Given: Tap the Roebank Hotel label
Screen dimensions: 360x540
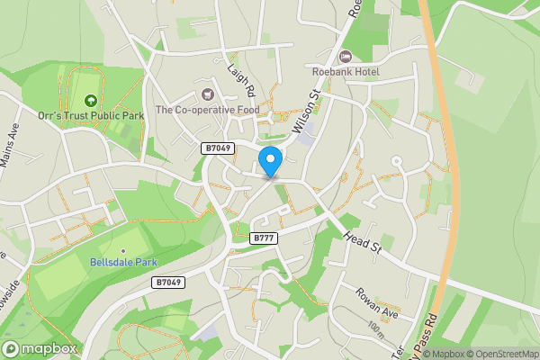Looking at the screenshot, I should click(346, 71).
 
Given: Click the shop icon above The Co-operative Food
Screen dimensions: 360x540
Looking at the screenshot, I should click(209, 94).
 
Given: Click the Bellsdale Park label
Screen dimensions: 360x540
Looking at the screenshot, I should click(123, 263).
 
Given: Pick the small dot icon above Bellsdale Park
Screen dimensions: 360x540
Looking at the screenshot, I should click(123, 250).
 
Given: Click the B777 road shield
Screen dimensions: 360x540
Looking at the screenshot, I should click(264, 238).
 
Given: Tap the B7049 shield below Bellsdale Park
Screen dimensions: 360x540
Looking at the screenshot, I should click(167, 283).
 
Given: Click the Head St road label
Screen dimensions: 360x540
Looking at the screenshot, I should click(362, 245).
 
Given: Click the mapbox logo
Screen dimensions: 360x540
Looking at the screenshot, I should click(40, 348).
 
